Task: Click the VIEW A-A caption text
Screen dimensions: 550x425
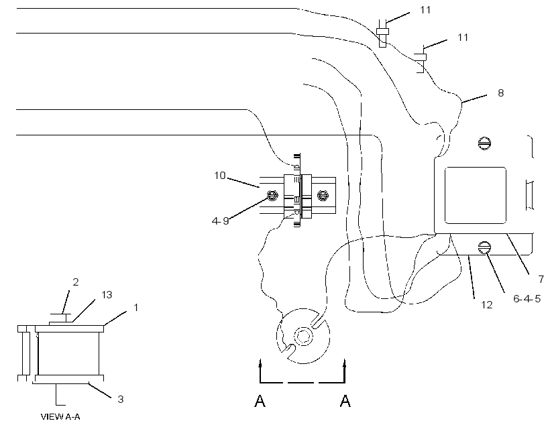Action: pos(60,416)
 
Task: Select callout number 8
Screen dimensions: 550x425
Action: pos(500,93)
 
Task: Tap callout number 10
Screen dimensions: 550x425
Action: pos(220,176)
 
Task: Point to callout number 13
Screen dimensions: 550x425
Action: pos(107,295)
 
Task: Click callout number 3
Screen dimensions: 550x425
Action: pos(120,399)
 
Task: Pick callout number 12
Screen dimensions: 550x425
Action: pos(486,305)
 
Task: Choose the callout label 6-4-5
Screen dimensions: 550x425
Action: pos(527,299)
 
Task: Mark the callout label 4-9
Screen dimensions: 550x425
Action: pos(220,221)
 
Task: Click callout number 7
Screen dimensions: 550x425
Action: pos(541,280)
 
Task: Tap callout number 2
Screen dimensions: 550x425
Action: pos(75,282)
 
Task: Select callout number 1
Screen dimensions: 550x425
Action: pos(135,308)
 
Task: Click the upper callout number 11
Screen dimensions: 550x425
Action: pos(425,10)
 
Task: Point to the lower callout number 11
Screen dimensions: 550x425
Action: pos(463,38)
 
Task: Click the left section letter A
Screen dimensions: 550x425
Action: pos(260,401)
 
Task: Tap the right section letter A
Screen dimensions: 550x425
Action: pos(345,401)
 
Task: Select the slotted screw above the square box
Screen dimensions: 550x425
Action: pos(484,143)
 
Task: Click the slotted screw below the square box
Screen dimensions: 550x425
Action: pos(484,248)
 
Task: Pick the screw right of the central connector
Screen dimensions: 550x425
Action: pos(323,195)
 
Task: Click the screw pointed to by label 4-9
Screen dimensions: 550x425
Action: pos(272,195)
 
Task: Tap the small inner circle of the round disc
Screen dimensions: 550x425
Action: pos(302,337)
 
